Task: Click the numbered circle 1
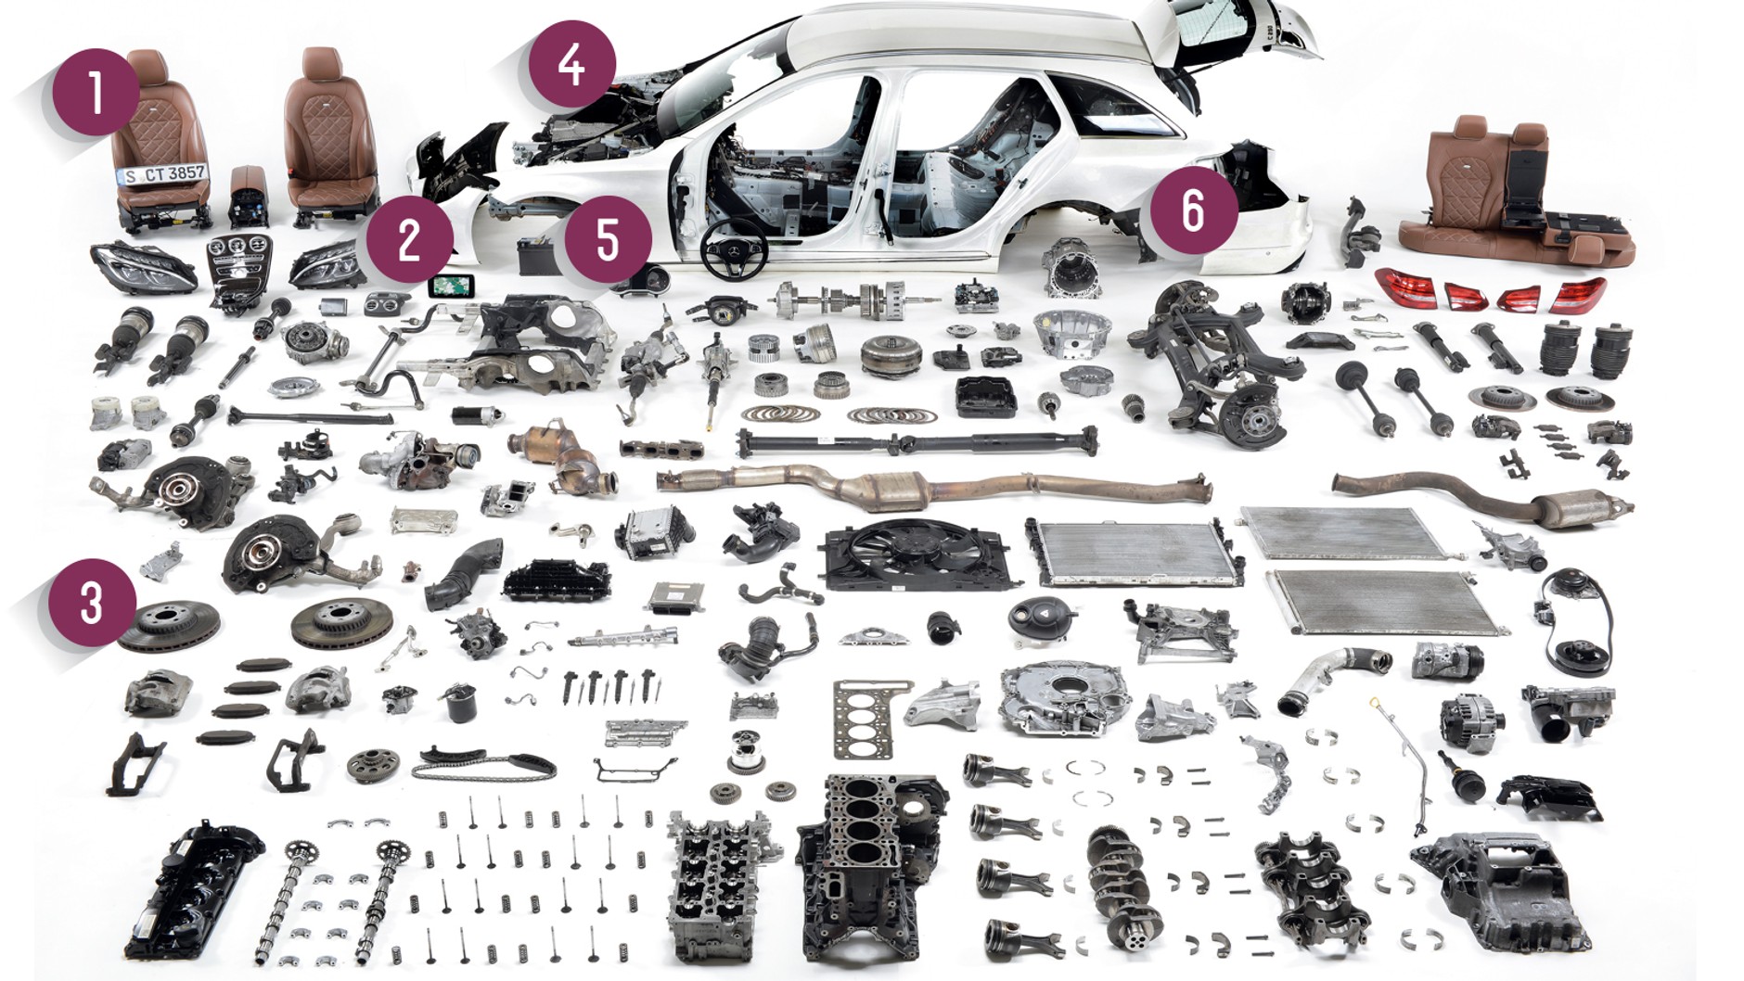[96, 92]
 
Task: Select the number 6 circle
[1194, 210]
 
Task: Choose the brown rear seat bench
[1521, 199]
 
